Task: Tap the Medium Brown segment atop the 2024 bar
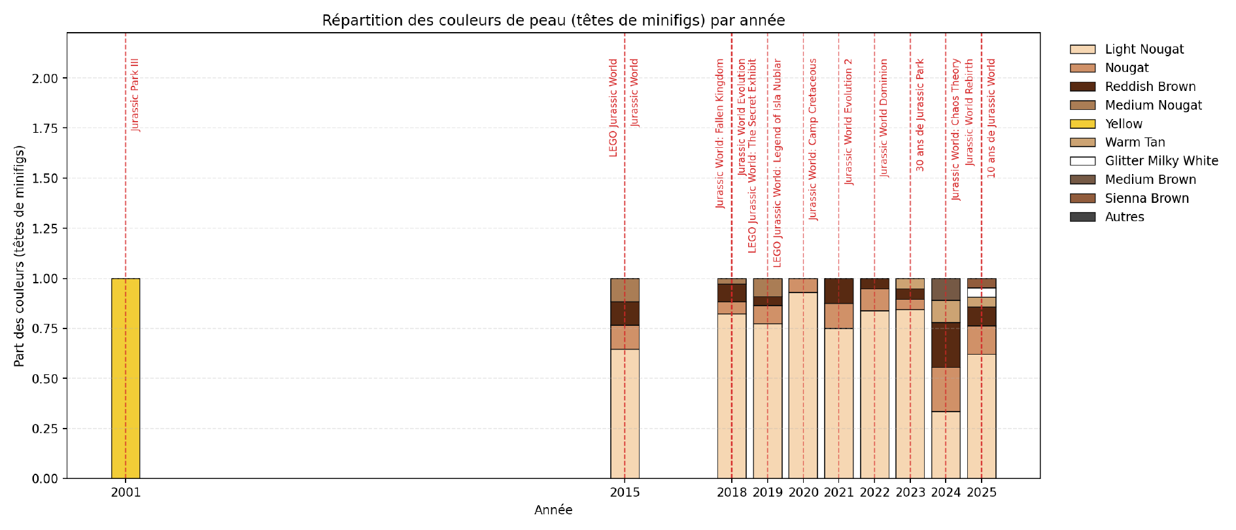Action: point(946,289)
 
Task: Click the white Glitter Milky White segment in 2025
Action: point(982,292)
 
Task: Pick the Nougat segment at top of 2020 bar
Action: point(803,285)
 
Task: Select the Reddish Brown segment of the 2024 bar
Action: point(946,345)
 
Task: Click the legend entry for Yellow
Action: point(1123,124)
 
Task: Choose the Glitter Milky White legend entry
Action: point(1161,161)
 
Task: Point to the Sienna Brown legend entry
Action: point(1146,198)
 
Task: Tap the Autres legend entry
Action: point(1124,217)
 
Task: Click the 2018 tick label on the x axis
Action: point(732,493)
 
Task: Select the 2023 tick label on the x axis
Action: point(910,493)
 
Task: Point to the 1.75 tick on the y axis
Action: point(45,128)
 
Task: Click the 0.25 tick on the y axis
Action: point(45,429)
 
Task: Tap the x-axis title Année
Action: point(553,510)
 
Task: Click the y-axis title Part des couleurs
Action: point(19,256)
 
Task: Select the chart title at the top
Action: point(553,20)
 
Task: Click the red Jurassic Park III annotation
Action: point(135,95)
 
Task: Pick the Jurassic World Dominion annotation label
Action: point(884,118)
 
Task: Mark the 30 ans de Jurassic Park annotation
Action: point(920,115)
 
